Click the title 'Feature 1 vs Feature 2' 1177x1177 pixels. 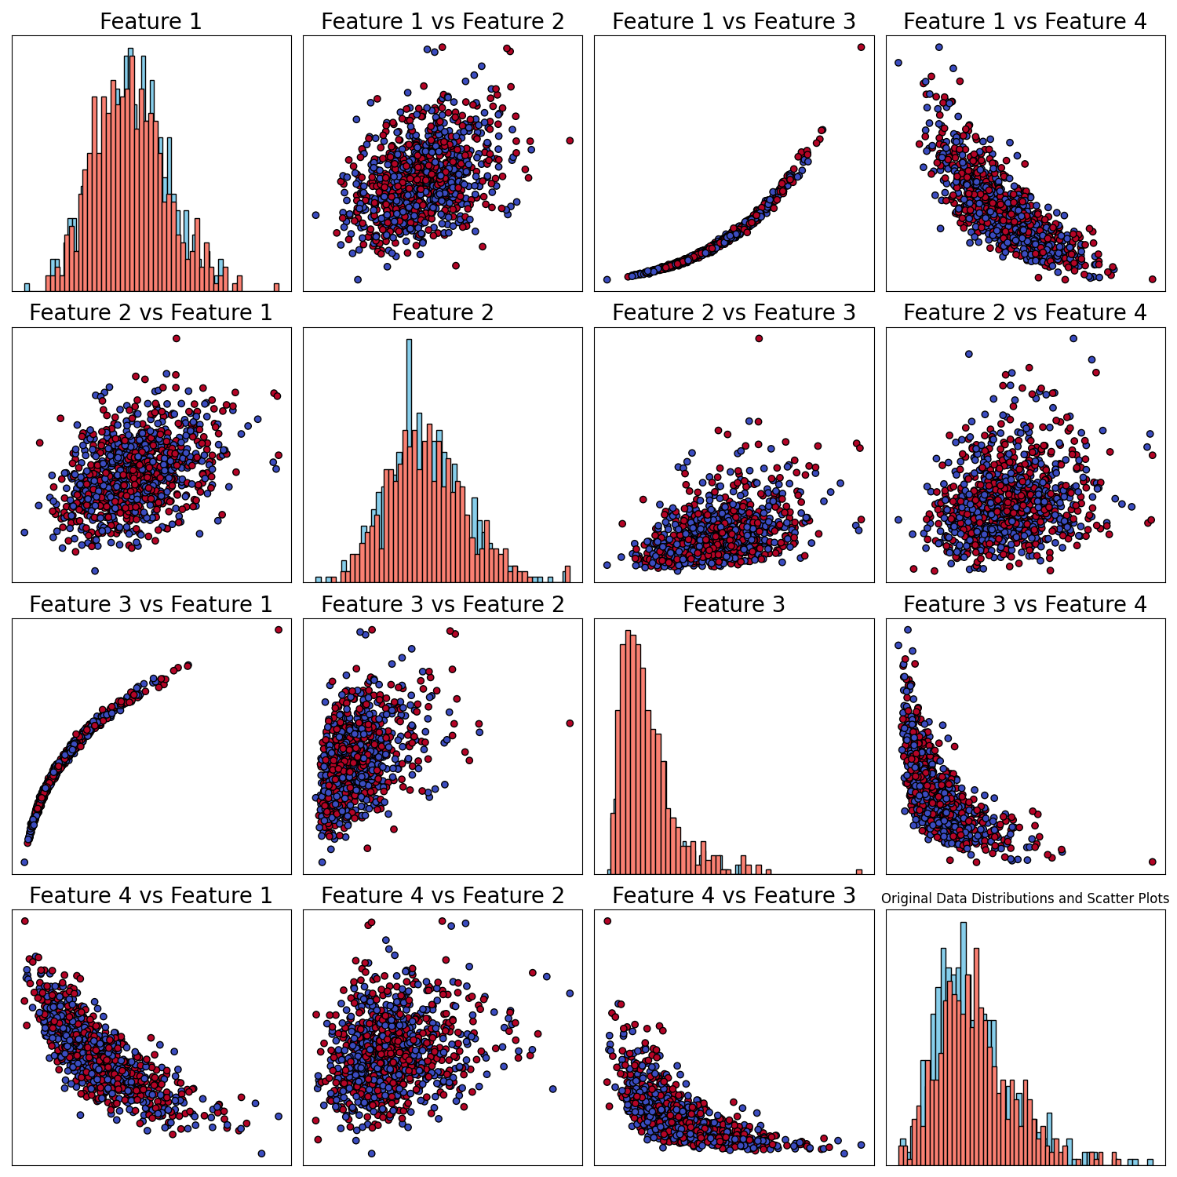tap(443, 22)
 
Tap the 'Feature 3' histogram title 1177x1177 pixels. tap(734, 605)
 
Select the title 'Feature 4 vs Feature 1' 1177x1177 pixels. tap(151, 896)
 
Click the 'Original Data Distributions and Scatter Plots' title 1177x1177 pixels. tap(1025, 898)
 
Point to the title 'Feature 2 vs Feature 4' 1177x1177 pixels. tap(1025, 313)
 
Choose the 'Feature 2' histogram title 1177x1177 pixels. tap(443, 313)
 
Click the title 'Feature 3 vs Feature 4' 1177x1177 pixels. tap(1025, 605)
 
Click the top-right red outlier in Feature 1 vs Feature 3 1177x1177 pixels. tap(861, 47)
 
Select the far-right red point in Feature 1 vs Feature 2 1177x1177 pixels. tap(570, 140)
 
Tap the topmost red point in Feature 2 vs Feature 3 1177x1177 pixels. tap(759, 338)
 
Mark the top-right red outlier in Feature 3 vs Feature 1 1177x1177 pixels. tap(279, 629)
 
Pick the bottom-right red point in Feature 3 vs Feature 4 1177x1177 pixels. tap(1152, 862)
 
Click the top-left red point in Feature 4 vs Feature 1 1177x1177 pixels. tap(25, 921)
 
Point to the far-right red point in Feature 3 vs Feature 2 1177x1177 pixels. tap(570, 723)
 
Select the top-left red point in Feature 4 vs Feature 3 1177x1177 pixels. tap(607, 921)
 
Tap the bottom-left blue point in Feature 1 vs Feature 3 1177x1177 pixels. tap(607, 279)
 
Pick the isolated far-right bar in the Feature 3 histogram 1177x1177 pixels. tap(859, 872)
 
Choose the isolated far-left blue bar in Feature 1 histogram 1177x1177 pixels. tap(27, 287)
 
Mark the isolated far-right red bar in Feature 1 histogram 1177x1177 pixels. tap(276, 287)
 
